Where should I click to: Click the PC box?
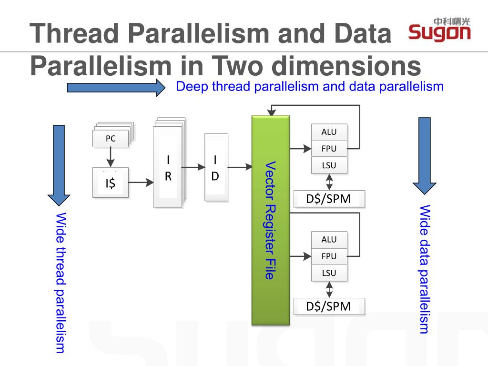[111, 139]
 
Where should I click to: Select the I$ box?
[111, 182]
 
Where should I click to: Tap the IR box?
[168, 167]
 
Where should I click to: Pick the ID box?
[215, 167]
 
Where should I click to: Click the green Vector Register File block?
[270, 220]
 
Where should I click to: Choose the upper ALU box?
[329, 132]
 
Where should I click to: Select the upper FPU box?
[329, 149]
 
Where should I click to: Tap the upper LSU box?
[329, 165]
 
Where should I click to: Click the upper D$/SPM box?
[329, 199]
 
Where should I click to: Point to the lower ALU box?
[329, 239]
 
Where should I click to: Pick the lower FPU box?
[329, 256]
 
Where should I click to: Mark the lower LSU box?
[329, 273]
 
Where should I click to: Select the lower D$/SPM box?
[329, 306]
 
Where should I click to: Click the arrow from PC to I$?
[111, 157]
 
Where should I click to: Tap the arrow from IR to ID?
[193, 167]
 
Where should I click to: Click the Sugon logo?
[439, 30]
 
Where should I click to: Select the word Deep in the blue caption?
[192, 87]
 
